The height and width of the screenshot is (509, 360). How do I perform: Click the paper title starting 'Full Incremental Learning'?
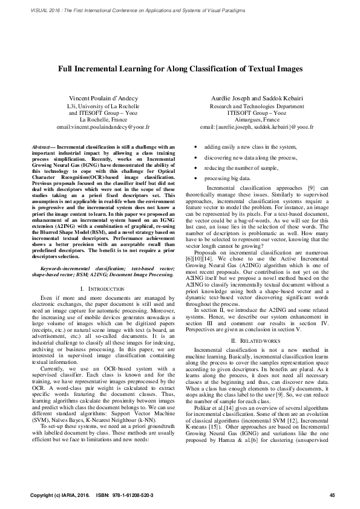click(180, 69)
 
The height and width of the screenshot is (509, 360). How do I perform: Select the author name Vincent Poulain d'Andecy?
click(103, 97)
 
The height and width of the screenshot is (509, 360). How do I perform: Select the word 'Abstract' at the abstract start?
click(42, 146)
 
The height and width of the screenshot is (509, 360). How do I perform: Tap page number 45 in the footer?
click(332, 495)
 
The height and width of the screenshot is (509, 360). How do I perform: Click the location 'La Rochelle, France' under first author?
click(103, 120)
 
